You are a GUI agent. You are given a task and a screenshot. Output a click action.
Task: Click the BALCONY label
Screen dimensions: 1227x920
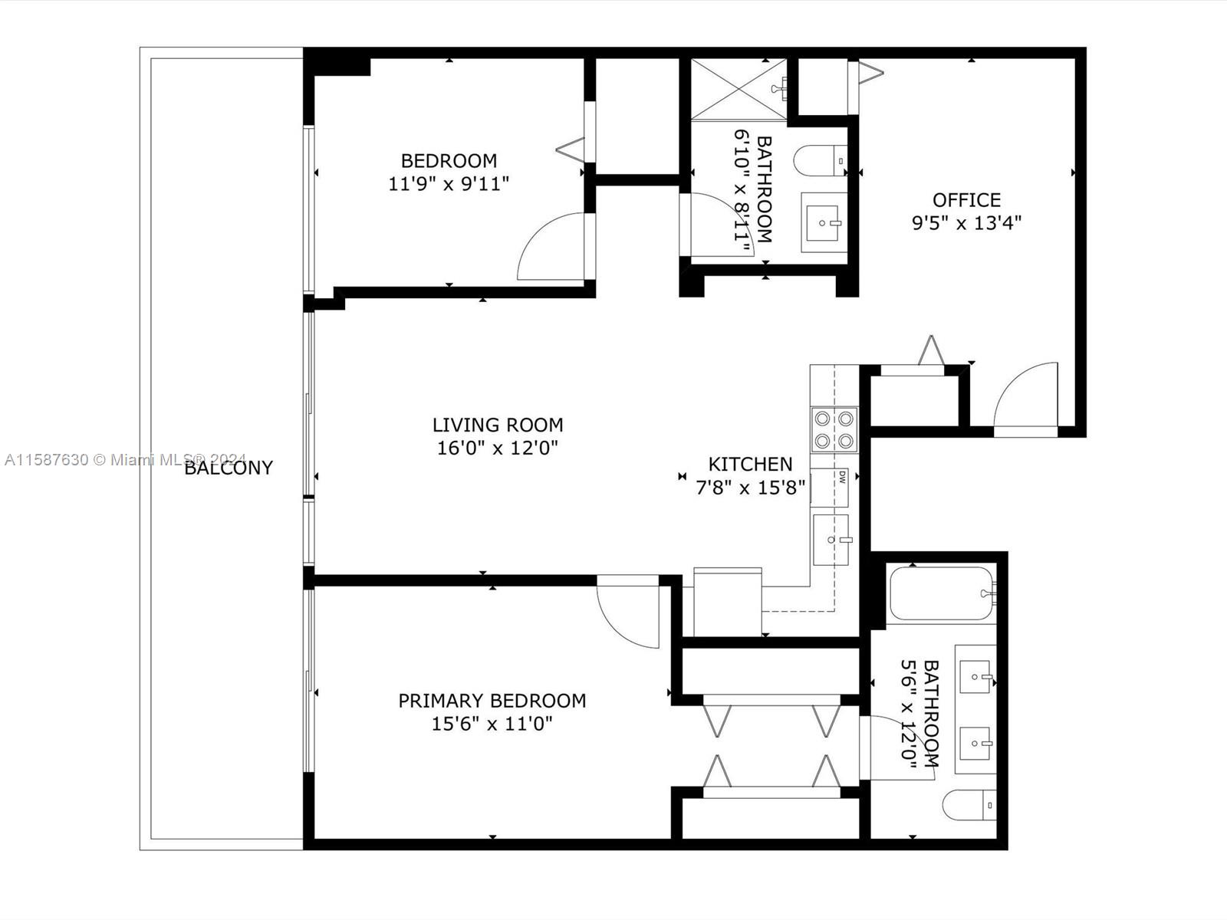[229, 468]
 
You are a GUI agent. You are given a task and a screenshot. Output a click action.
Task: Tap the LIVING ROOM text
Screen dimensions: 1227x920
[498, 425]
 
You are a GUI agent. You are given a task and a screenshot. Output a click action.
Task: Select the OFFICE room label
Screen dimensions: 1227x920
[966, 200]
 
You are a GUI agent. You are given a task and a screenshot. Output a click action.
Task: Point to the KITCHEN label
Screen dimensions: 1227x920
[750, 464]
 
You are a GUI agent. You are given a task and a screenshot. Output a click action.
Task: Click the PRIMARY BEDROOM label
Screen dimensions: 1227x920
[492, 701]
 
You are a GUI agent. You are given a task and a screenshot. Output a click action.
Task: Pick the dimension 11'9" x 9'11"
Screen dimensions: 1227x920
[449, 184]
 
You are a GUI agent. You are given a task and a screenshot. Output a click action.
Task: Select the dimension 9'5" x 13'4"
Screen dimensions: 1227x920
[966, 223]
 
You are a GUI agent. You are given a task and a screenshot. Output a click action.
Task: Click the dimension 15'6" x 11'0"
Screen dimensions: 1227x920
[492, 724]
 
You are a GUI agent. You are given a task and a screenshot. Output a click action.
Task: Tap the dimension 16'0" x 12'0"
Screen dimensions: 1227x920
[498, 448]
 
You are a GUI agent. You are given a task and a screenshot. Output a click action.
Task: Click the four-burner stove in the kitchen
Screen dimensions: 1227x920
[834, 429]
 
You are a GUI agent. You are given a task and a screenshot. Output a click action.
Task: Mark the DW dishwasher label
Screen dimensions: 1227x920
[842, 476]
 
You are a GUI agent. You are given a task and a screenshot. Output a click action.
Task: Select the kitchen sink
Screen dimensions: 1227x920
[831, 540]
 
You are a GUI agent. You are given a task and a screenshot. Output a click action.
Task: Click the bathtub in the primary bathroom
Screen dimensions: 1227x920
[942, 593]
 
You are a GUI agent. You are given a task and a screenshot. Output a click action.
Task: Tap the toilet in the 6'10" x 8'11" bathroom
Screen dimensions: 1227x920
[820, 161]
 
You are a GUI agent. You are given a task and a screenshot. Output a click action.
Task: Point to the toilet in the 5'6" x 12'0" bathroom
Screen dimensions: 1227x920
[969, 805]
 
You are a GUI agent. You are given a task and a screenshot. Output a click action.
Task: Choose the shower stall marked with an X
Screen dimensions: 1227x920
[739, 89]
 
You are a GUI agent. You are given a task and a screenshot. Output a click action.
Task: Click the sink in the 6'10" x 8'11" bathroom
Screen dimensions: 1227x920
[823, 223]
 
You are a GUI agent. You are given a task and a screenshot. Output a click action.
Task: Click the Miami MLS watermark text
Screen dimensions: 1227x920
[125, 460]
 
